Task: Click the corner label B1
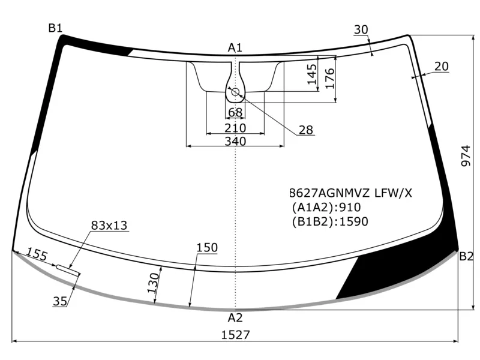tap(55, 28)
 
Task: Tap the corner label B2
tap(466, 256)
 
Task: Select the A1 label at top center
tap(235, 48)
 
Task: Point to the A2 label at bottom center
tap(235, 318)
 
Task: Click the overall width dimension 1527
tap(235, 335)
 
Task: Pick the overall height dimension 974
tap(466, 156)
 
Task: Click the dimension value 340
tap(235, 141)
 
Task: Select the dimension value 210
tap(235, 128)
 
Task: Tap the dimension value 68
tap(235, 113)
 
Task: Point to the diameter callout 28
tap(306, 130)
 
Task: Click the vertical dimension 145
tap(312, 74)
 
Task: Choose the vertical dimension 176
tap(329, 79)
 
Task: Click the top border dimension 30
tap(361, 29)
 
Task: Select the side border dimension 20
tap(442, 66)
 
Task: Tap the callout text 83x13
tap(109, 226)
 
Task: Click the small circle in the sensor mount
tap(235, 92)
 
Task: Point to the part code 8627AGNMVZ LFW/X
tap(350, 193)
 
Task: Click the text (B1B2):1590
tap(329, 221)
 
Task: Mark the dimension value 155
tap(37, 254)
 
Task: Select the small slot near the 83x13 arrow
tap(68, 270)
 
